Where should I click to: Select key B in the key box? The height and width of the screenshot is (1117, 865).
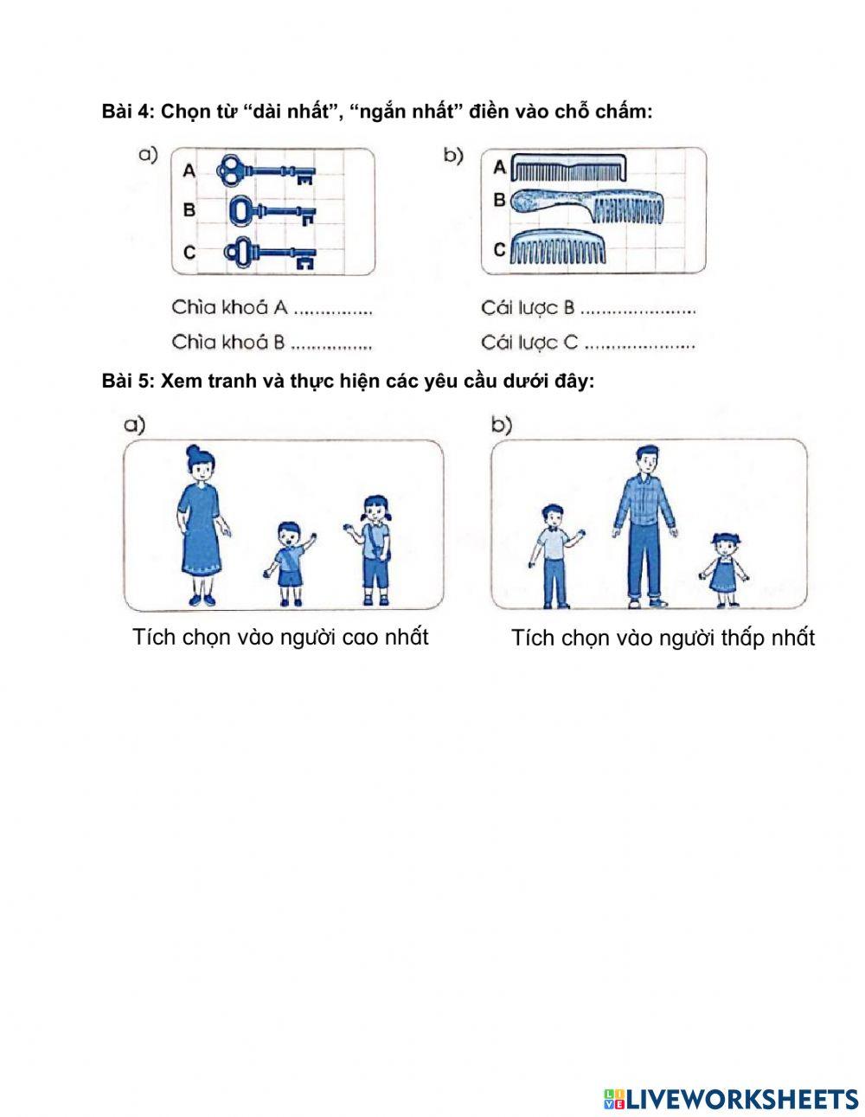pos(272,210)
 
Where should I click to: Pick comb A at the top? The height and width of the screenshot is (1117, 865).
pos(567,165)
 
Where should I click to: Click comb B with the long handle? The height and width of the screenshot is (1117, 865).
pos(587,206)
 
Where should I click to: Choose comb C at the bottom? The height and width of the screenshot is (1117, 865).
pos(558,248)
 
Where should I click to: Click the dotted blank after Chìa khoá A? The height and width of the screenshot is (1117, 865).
pos(333,309)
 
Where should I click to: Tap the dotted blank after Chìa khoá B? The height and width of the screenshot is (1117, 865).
pos(331,343)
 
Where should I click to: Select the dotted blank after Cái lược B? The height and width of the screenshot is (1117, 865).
pos(638,309)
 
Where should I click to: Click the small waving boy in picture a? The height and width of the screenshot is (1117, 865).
pos(290,562)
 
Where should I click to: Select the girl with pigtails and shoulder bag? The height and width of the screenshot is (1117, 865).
pos(374,549)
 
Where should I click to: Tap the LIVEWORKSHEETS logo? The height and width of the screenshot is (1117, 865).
pos(731,1099)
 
